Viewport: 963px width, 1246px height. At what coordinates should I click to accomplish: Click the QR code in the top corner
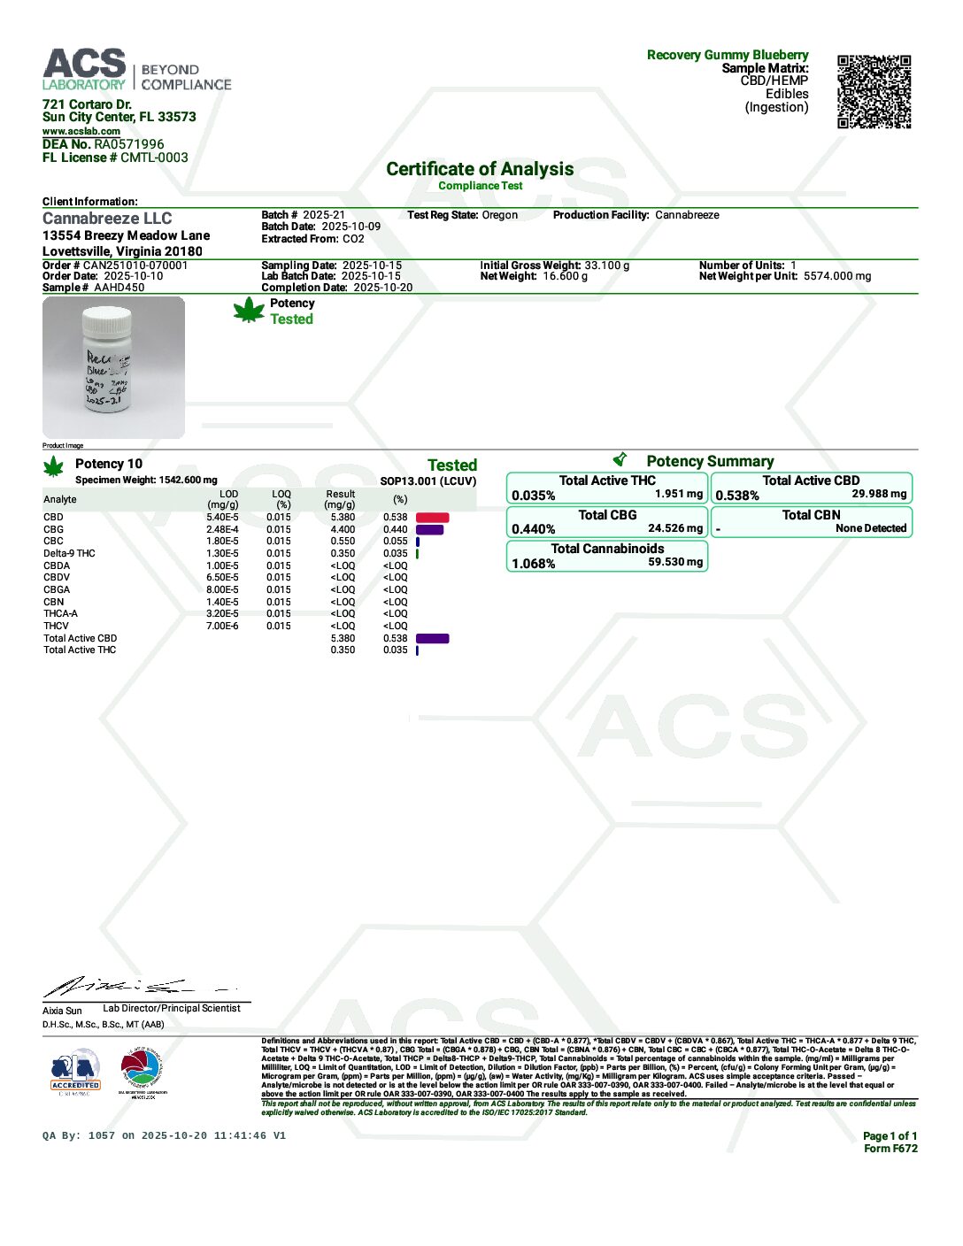pyautogui.click(x=874, y=92)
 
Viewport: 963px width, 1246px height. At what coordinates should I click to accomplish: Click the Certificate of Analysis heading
pyautogui.click(x=480, y=169)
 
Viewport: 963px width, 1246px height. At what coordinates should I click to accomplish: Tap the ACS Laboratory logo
pyautogui.click(x=85, y=70)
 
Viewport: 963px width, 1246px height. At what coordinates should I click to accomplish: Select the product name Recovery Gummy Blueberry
pyautogui.click(x=728, y=55)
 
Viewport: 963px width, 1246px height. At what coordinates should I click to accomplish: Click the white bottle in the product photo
pyautogui.click(x=107, y=359)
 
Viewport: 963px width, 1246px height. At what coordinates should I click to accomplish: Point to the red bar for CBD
pyautogui.click(x=432, y=518)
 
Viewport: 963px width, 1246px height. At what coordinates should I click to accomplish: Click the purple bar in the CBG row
pyautogui.click(x=429, y=530)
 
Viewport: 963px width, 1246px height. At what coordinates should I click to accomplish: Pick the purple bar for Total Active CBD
pyautogui.click(x=432, y=638)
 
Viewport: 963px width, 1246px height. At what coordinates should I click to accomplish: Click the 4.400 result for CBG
pyautogui.click(x=343, y=530)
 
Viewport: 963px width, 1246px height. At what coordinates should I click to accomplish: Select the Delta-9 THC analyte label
pyautogui.click(x=69, y=554)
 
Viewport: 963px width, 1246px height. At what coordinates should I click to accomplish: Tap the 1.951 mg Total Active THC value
pyautogui.click(x=679, y=494)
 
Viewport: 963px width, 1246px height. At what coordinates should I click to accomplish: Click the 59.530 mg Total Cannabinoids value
pyautogui.click(x=675, y=562)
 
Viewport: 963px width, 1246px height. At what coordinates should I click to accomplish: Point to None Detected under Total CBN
pyautogui.click(x=871, y=528)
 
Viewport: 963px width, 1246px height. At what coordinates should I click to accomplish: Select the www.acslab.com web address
pyautogui.click(x=81, y=131)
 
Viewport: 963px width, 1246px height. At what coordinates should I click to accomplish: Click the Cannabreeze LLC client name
pyautogui.click(x=107, y=219)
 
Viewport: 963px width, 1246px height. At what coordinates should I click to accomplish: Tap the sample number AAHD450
pyautogui.click(x=119, y=288)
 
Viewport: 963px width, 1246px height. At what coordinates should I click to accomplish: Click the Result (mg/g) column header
pyautogui.click(x=340, y=499)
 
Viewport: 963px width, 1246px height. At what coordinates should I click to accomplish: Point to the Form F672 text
pyautogui.click(x=890, y=1149)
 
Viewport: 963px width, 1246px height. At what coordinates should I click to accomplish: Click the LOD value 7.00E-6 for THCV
pyautogui.click(x=222, y=627)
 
